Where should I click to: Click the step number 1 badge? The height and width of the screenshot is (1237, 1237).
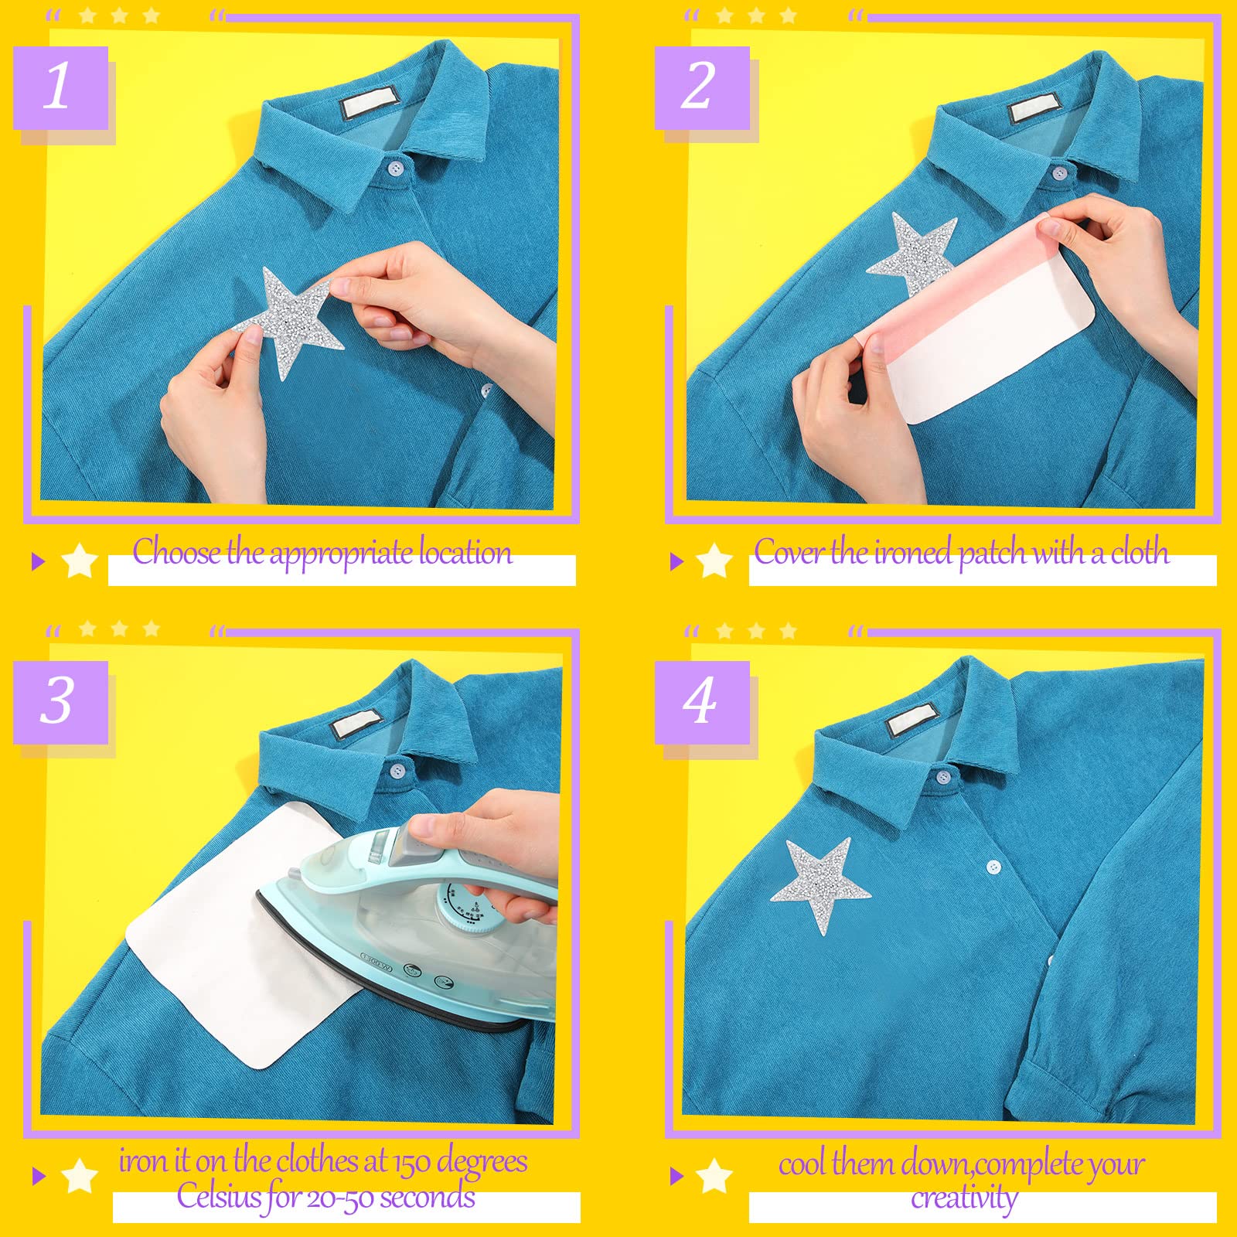(60, 87)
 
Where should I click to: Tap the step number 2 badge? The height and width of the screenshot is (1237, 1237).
(702, 87)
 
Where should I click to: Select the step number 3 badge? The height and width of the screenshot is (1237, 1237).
(60, 702)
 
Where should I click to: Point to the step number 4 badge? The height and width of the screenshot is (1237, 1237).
(702, 702)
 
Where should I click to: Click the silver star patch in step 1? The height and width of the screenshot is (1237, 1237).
(288, 321)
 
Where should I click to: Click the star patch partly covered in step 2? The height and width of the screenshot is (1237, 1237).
(912, 251)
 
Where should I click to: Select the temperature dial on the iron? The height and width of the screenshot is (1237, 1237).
(465, 908)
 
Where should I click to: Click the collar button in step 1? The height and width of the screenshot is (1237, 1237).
(396, 167)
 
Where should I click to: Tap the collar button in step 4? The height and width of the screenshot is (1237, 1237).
(942, 775)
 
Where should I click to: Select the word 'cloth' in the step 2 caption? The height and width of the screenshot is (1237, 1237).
(1140, 552)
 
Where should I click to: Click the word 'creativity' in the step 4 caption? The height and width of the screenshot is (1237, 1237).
(964, 1199)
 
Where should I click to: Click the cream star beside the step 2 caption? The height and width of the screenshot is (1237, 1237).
(714, 561)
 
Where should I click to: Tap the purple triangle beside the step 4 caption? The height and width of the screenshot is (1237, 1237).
(677, 1176)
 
